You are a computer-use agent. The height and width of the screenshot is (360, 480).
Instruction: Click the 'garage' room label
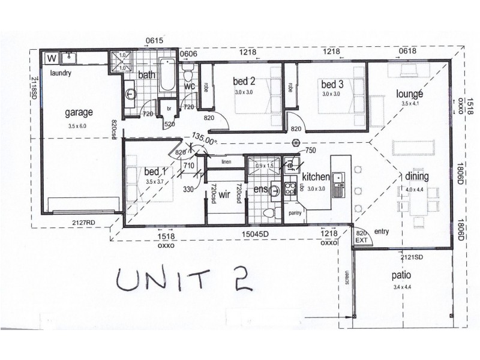tap(79, 112)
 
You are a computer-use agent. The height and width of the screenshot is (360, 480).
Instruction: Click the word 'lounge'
tap(410, 94)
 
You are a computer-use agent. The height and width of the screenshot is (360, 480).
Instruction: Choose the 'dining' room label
tap(416, 176)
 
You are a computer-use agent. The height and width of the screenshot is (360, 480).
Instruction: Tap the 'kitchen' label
tap(316, 177)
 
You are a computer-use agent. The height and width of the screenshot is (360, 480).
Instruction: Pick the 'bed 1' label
tap(155, 172)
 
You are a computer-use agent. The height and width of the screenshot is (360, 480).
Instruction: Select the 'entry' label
tap(381, 232)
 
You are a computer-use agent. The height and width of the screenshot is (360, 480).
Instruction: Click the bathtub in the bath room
tap(166, 74)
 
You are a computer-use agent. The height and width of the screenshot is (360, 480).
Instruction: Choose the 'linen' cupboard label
tap(226, 162)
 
